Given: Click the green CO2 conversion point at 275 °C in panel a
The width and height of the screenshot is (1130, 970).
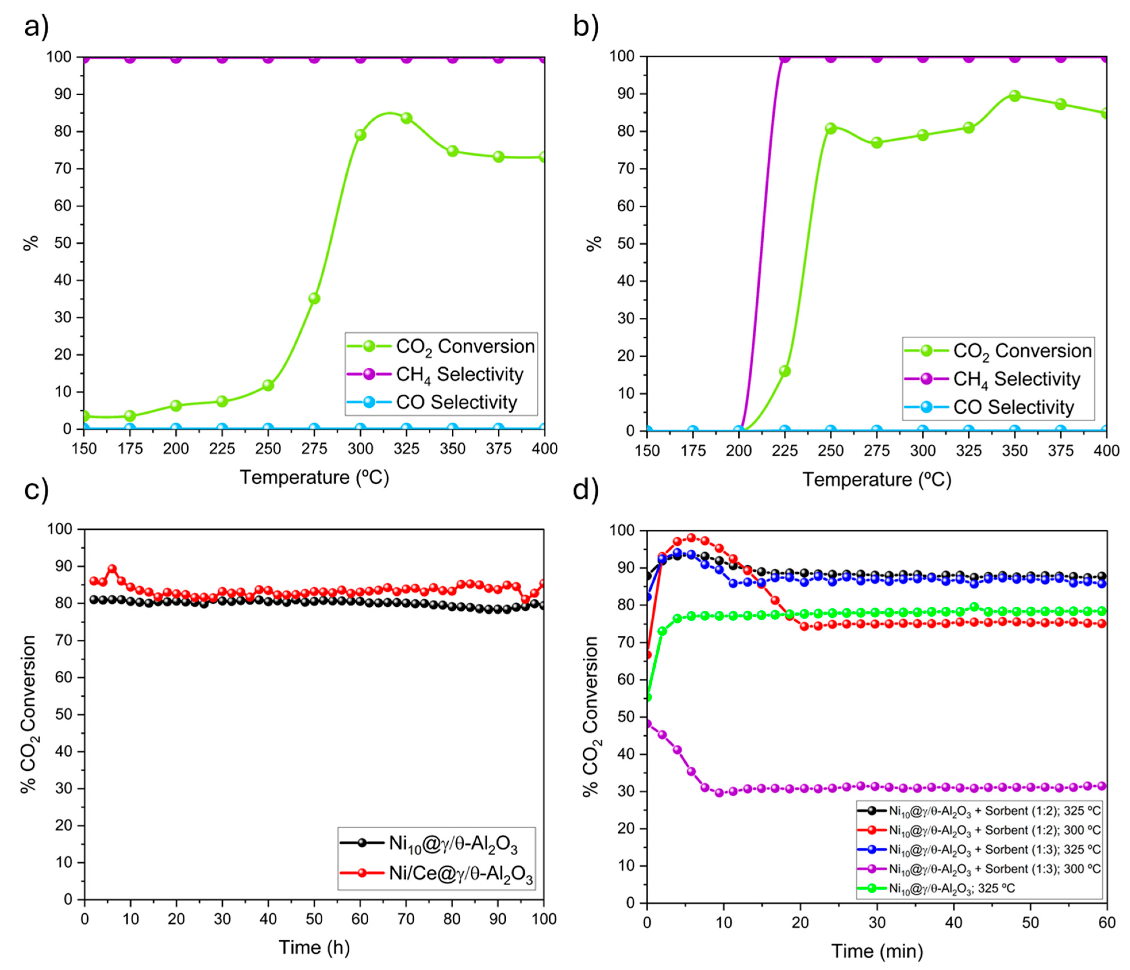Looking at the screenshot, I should point(314,298).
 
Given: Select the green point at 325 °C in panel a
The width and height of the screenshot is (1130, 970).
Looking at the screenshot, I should point(406,118).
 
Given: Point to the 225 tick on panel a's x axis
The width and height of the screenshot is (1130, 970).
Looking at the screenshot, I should point(222,449).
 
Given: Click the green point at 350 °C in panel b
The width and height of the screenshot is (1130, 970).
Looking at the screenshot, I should point(1015,96).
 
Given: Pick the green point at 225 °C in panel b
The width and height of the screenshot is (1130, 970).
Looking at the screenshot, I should point(785,371).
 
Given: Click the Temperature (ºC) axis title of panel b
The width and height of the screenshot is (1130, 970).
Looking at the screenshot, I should point(876,479).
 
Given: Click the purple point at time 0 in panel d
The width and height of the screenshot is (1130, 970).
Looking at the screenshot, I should point(647,724).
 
